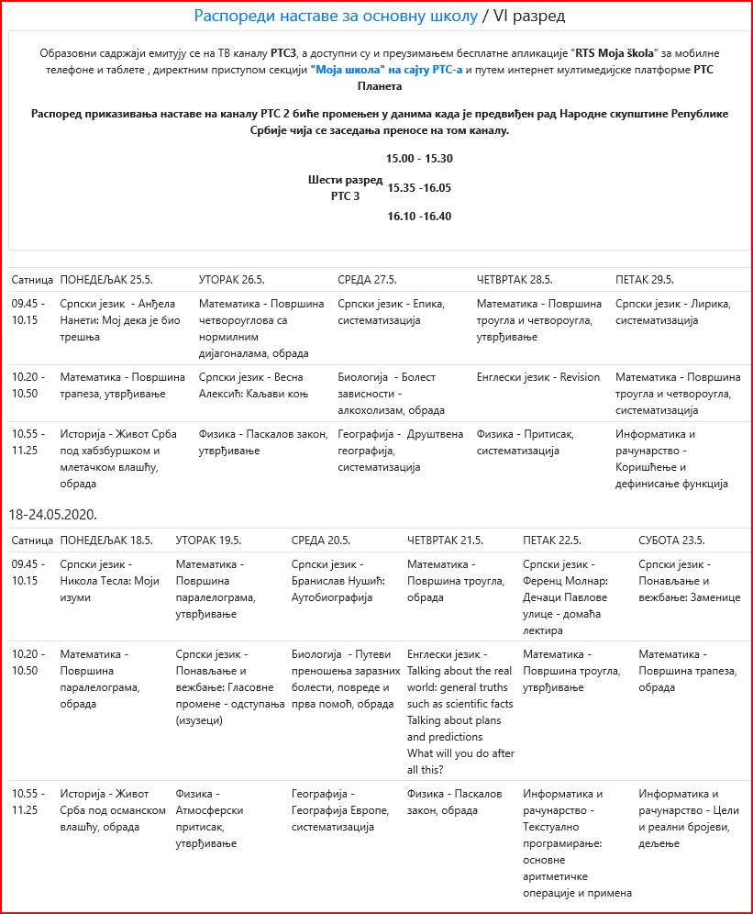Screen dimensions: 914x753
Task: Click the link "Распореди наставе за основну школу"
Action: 336,17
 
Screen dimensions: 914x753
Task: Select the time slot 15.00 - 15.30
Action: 419,159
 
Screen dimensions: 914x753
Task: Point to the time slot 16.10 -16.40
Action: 419,217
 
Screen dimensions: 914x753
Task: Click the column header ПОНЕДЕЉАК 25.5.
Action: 106,280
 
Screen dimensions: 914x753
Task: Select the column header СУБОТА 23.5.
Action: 671,541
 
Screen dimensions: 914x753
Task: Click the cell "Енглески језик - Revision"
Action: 538,377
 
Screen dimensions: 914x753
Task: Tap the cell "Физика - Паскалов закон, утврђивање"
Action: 263,442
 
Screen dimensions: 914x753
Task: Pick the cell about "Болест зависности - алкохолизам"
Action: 387,394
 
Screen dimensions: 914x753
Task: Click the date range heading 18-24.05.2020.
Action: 53,514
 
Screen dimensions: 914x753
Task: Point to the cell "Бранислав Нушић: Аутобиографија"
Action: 338,581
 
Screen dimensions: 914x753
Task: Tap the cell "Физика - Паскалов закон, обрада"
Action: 454,802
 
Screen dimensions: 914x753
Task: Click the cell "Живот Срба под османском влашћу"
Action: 112,810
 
